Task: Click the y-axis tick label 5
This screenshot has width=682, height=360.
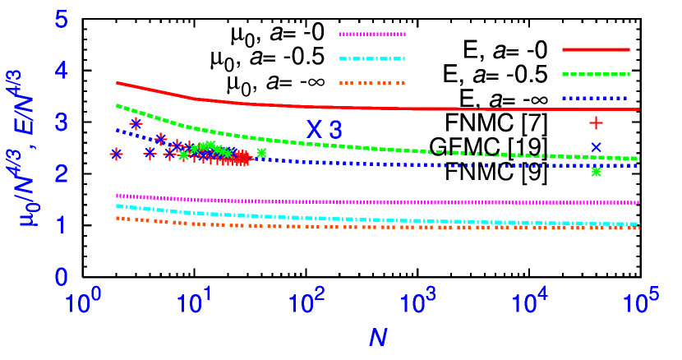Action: tap(62, 20)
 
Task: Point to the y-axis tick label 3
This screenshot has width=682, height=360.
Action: tap(62, 122)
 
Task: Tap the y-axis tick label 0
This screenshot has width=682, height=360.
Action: tap(62, 277)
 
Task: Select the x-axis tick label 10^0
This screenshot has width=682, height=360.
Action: tap(83, 303)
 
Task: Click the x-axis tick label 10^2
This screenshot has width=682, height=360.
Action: tap(306, 303)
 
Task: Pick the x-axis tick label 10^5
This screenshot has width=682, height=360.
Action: tap(641, 303)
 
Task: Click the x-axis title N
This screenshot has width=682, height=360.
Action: tap(377, 338)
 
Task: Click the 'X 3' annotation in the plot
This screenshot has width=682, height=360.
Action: tap(325, 130)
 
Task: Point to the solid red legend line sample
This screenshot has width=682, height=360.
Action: tap(596, 49)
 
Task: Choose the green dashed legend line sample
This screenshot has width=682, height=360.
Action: tap(596, 74)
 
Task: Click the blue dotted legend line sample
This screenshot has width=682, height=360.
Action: tap(596, 98)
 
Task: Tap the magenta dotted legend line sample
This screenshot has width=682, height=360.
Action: tap(372, 35)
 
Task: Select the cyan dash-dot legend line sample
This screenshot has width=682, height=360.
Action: tap(372, 58)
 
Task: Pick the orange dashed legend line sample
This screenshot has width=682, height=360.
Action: tap(372, 83)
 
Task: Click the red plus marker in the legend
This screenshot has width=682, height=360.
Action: tap(596, 122)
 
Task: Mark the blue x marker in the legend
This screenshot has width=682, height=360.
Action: tap(596, 147)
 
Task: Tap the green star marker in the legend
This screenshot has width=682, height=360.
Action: tap(596, 172)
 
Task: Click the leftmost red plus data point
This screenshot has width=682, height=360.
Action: tap(117, 154)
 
